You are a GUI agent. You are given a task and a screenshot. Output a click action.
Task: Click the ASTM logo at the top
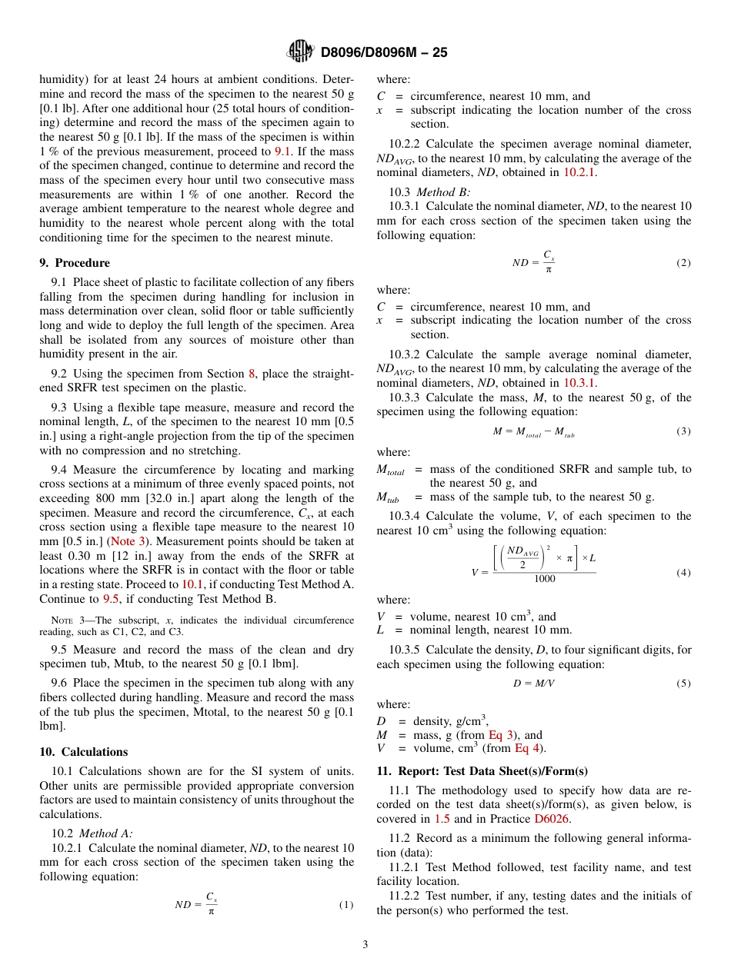299,52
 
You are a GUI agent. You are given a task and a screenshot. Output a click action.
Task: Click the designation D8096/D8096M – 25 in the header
383,52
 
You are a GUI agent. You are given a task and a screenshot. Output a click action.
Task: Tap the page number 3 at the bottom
365,944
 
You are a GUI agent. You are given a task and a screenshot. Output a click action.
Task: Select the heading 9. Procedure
75,263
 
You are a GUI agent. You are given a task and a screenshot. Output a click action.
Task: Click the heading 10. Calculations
84,752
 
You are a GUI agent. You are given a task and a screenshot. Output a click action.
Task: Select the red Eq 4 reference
528,748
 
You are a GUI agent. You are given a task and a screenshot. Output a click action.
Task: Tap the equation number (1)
346,905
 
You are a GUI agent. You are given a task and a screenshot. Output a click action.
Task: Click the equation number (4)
683,573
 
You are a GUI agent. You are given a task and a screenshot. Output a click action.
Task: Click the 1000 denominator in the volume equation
544,579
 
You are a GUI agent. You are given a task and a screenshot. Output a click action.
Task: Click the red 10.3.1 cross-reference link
579,382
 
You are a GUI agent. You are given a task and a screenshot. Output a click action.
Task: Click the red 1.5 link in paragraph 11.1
442,819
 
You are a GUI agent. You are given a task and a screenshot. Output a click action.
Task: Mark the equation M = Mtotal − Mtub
533,432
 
